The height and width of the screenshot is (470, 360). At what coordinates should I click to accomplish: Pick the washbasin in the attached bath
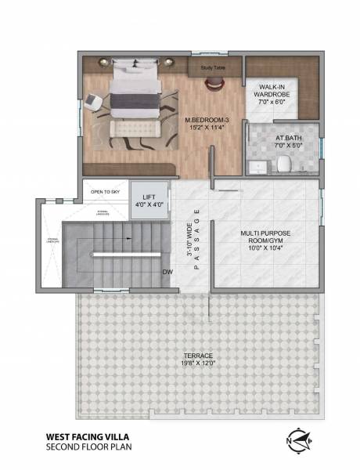click(x=258, y=165)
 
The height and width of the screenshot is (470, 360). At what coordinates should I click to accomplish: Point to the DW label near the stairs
click(x=167, y=272)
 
